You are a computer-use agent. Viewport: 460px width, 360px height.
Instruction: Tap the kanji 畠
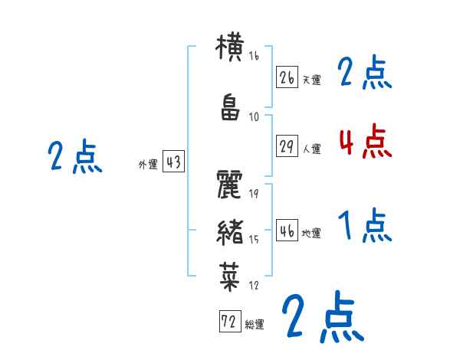pos(231,108)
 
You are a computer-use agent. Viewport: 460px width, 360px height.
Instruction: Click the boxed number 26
pos(287,77)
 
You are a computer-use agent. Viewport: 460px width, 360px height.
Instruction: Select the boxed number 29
pos(287,146)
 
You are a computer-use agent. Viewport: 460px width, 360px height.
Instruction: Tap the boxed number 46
pos(287,231)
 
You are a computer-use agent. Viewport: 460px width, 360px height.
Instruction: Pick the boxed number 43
pos(172,163)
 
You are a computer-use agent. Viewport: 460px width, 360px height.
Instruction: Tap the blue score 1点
pos(365,226)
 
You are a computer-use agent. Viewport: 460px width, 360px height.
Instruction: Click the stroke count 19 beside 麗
pos(254,194)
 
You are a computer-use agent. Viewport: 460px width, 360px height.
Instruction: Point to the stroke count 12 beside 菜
pos(254,285)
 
